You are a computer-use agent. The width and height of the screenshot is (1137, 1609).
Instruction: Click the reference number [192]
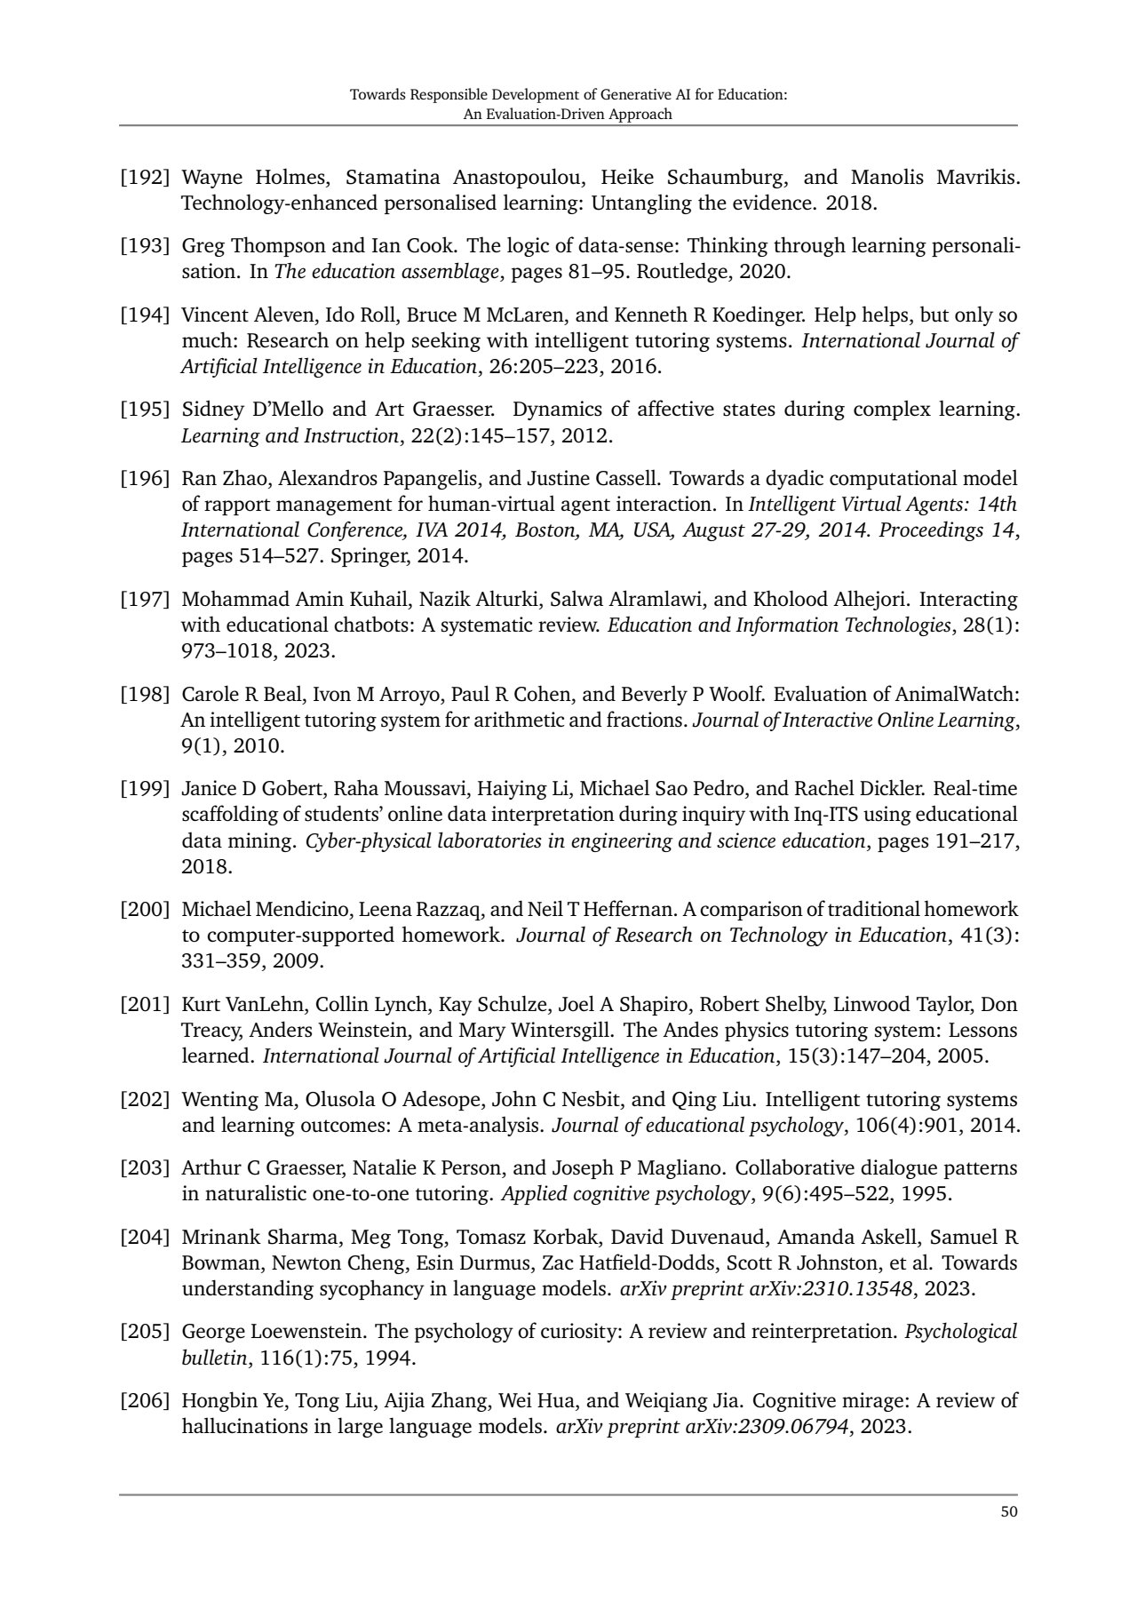(x=145, y=177)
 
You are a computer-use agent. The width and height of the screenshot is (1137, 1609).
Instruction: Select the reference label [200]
(x=145, y=910)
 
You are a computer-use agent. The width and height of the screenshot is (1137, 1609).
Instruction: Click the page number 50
(x=1008, y=1511)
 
